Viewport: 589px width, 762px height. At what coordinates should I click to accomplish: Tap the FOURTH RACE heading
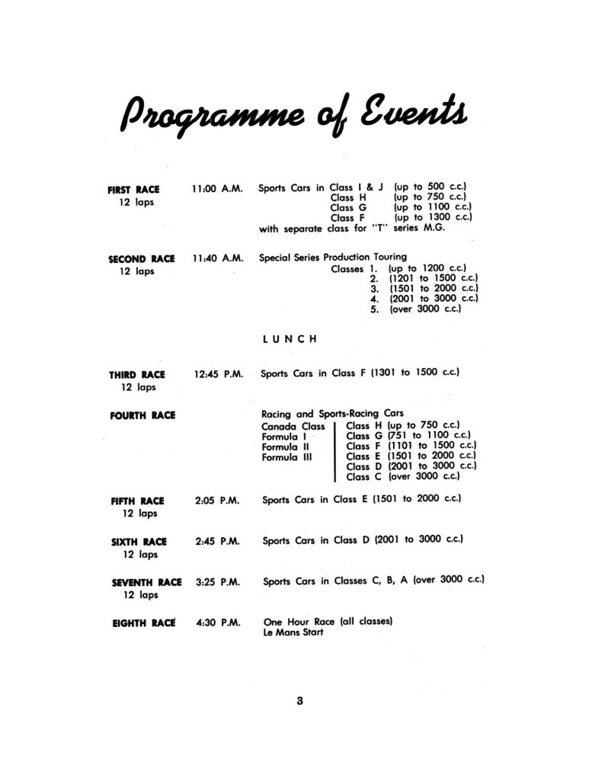tap(142, 415)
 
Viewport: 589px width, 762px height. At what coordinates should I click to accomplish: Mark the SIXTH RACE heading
tap(138, 542)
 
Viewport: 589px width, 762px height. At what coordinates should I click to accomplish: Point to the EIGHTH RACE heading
tap(143, 622)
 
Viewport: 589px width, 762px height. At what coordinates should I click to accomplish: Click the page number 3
tap(300, 703)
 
